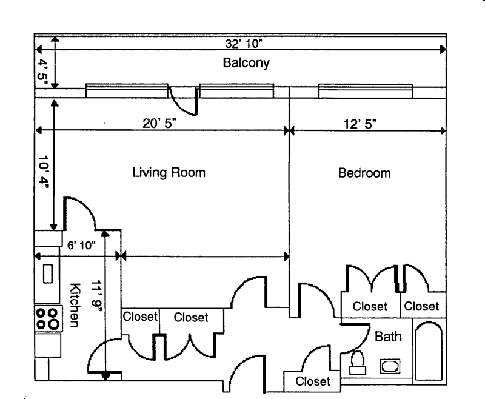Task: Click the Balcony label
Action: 246,63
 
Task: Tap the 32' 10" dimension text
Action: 244,44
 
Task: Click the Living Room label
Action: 169,173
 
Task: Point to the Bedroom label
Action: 364,173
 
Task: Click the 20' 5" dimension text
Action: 159,124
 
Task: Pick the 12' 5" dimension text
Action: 360,124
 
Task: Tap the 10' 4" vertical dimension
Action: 43,172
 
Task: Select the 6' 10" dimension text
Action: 81,245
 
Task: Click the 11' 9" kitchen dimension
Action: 96,296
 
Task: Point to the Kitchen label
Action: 75,305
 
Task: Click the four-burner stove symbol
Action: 48,318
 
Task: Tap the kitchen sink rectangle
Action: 48,273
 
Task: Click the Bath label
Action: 388,337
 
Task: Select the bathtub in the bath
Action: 429,350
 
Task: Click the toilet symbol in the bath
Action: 358,363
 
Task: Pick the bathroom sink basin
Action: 390,366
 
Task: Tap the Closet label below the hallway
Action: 313,381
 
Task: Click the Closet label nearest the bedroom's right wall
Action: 421,306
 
